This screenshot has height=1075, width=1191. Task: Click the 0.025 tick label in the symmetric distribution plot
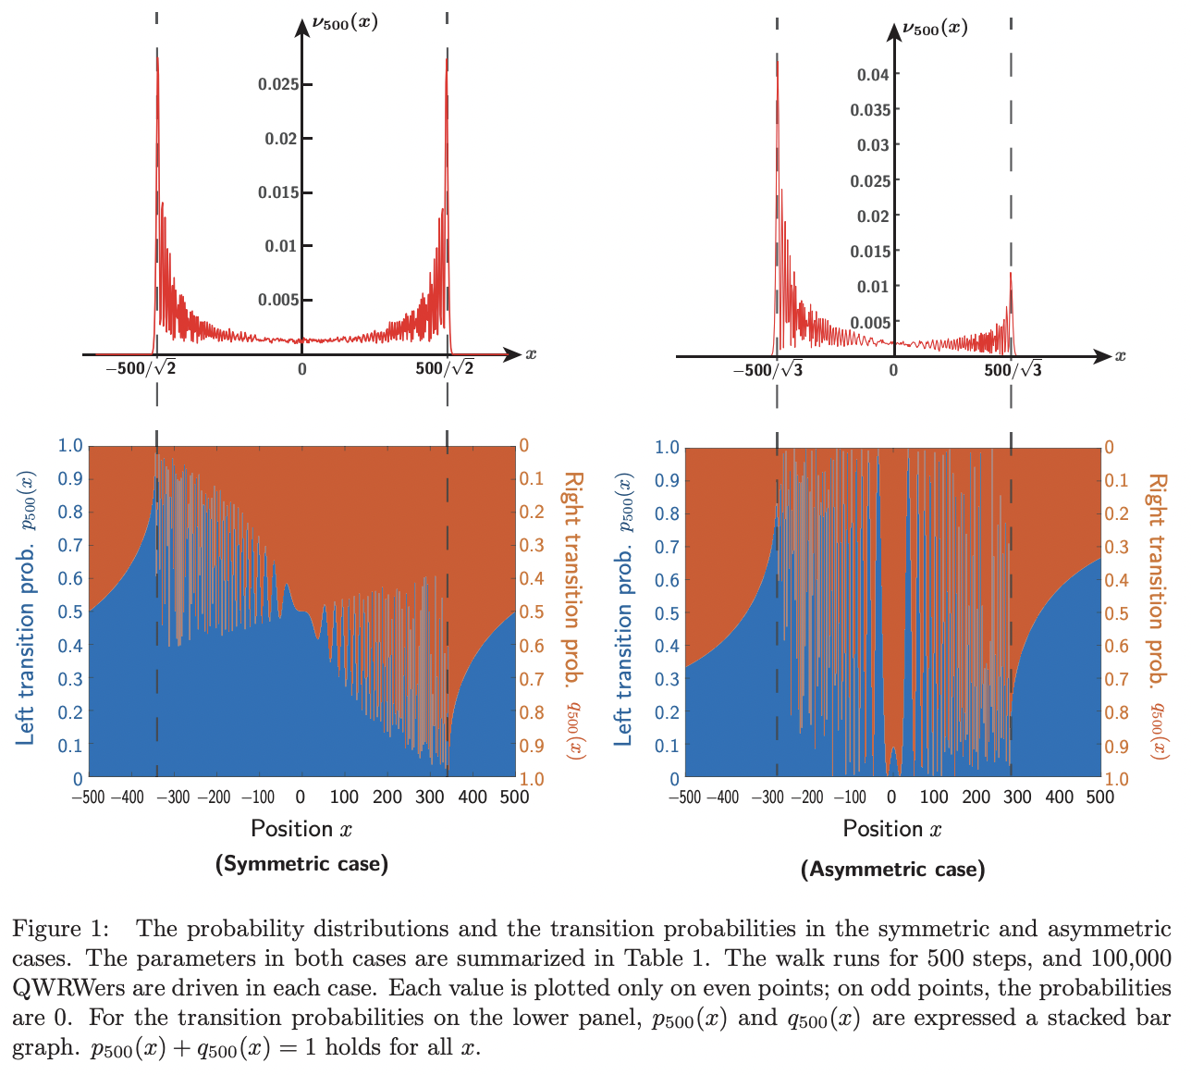pyautogui.click(x=277, y=85)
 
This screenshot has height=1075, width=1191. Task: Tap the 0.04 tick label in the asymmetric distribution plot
pyautogui.click(x=873, y=75)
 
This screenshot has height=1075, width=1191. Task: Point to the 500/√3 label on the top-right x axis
pyautogui.click(x=1013, y=371)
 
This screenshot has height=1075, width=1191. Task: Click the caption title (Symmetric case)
pyautogui.click(x=301, y=864)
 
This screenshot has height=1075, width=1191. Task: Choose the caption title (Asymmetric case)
pyautogui.click(x=892, y=870)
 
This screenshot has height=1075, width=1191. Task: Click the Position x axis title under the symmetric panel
pyautogui.click(x=301, y=828)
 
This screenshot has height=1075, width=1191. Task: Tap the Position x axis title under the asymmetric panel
pyautogui.click(x=892, y=828)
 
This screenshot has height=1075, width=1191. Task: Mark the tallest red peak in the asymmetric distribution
pyautogui.click(x=777, y=61)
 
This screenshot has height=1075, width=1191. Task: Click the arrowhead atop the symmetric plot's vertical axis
pyautogui.click(x=301, y=26)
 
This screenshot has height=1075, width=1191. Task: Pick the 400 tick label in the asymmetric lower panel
pyautogui.click(x=1059, y=797)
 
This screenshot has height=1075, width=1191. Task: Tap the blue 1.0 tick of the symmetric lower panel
pyautogui.click(x=71, y=446)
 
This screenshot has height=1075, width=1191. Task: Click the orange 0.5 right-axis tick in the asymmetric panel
pyautogui.click(x=1117, y=613)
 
